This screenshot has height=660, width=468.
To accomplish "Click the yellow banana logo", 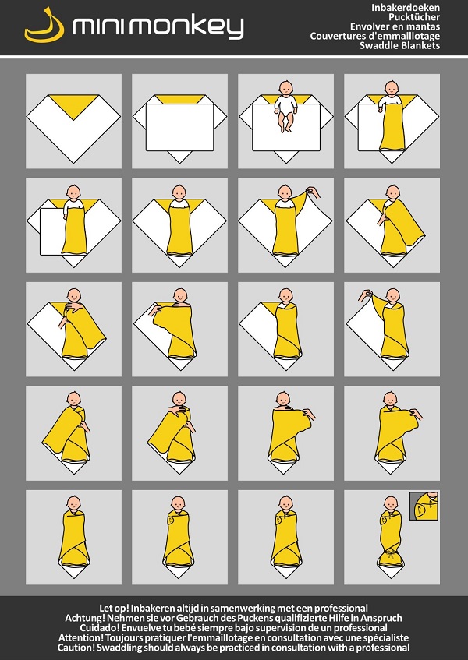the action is pyautogui.click(x=44, y=30).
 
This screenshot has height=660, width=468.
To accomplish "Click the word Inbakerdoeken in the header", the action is pyautogui.click(x=406, y=8).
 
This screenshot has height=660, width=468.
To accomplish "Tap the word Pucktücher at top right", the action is pyautogui.click(x=414, y=17).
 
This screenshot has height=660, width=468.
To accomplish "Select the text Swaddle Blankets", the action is pyautogui.click(x=400, y=45).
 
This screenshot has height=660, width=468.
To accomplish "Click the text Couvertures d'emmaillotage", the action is pyautogui.click(x=375, y=36).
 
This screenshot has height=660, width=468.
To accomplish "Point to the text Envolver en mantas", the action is pyautogui.click(x=395, y=26).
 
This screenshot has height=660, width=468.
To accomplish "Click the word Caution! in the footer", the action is pyautogui.click(x=76, y=648).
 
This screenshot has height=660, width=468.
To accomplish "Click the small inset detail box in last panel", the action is pyautogui.click(x=424, y=506).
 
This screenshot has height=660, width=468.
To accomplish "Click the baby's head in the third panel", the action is pyautogui.click(x=286, y=88).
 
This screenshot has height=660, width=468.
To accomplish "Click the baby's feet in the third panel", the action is pyautogui.click(x=286, y=127).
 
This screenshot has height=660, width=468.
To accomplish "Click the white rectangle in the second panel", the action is pyautogui.click(x=180, y=127).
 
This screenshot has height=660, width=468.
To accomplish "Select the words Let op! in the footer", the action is pyautogui.click(x=114, y=609).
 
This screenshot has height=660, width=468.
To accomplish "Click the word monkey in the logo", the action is pyautogui.click(x=186, y=28).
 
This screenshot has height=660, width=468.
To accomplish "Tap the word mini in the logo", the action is pyautogui.click(x=98, y=27).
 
